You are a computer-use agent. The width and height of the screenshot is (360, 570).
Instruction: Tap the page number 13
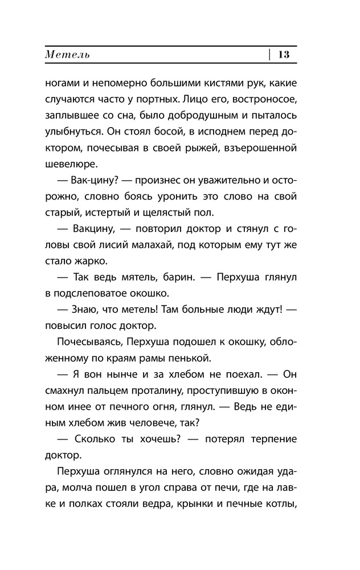[284, 55]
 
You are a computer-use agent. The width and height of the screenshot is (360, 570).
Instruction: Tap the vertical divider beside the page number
[269, 55]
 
